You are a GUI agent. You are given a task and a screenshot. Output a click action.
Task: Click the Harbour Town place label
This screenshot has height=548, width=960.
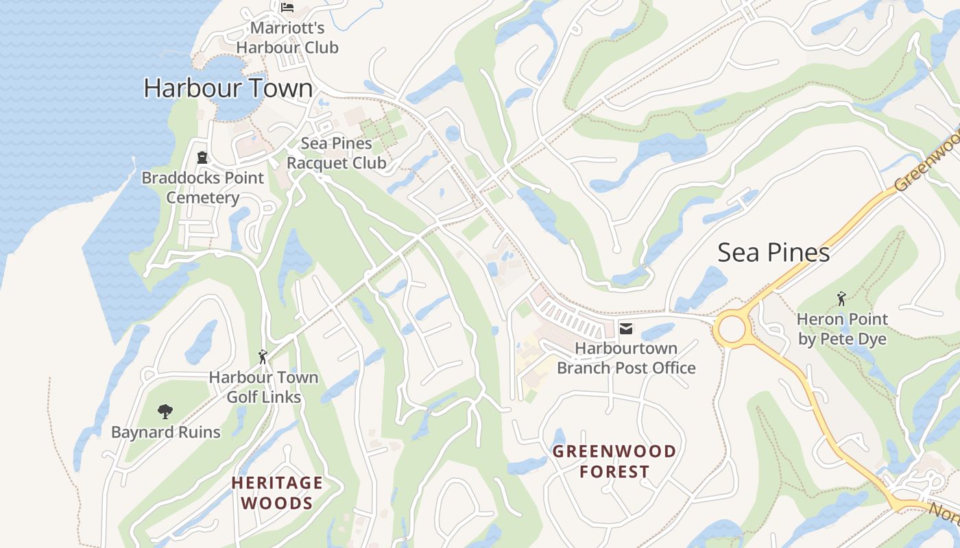click(228, 88)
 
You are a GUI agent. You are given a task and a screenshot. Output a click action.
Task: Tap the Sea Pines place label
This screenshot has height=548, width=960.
click(773, 253)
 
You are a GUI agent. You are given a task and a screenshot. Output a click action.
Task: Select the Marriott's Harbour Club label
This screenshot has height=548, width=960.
click(287, 38)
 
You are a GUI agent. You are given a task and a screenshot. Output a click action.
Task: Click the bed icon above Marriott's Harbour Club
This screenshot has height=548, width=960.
click(287, 8)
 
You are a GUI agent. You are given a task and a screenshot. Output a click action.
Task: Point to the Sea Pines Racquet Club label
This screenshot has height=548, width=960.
click(336, 153)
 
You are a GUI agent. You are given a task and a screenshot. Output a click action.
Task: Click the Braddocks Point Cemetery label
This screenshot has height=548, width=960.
click(203, 188)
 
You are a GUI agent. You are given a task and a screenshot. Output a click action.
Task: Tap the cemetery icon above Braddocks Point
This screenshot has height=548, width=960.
click(202, 158)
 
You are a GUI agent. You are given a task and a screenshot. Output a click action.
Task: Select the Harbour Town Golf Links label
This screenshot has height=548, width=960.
click(264, 387)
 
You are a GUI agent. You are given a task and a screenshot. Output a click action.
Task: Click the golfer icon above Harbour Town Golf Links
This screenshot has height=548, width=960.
click(262, 357)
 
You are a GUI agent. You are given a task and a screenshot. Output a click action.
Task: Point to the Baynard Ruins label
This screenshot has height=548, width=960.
click(166, 432)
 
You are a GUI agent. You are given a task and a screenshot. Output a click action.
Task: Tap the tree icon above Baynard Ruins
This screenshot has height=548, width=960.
click(165, 412)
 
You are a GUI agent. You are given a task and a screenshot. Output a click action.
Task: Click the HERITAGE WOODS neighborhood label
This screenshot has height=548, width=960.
click(277, 493)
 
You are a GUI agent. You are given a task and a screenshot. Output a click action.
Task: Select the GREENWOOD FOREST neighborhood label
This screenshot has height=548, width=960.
click(614, 461)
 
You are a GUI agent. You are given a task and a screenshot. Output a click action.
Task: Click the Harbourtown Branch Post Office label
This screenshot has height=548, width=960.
click(626, 358)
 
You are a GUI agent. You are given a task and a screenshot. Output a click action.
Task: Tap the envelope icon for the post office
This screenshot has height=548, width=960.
click(626, 329)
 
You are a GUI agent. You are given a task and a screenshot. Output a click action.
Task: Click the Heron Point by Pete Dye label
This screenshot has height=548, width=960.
click(842, 329)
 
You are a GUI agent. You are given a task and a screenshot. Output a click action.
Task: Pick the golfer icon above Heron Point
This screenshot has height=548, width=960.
click(841, 299)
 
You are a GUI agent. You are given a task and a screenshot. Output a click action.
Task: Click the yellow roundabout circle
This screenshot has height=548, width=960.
click(732, 329)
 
